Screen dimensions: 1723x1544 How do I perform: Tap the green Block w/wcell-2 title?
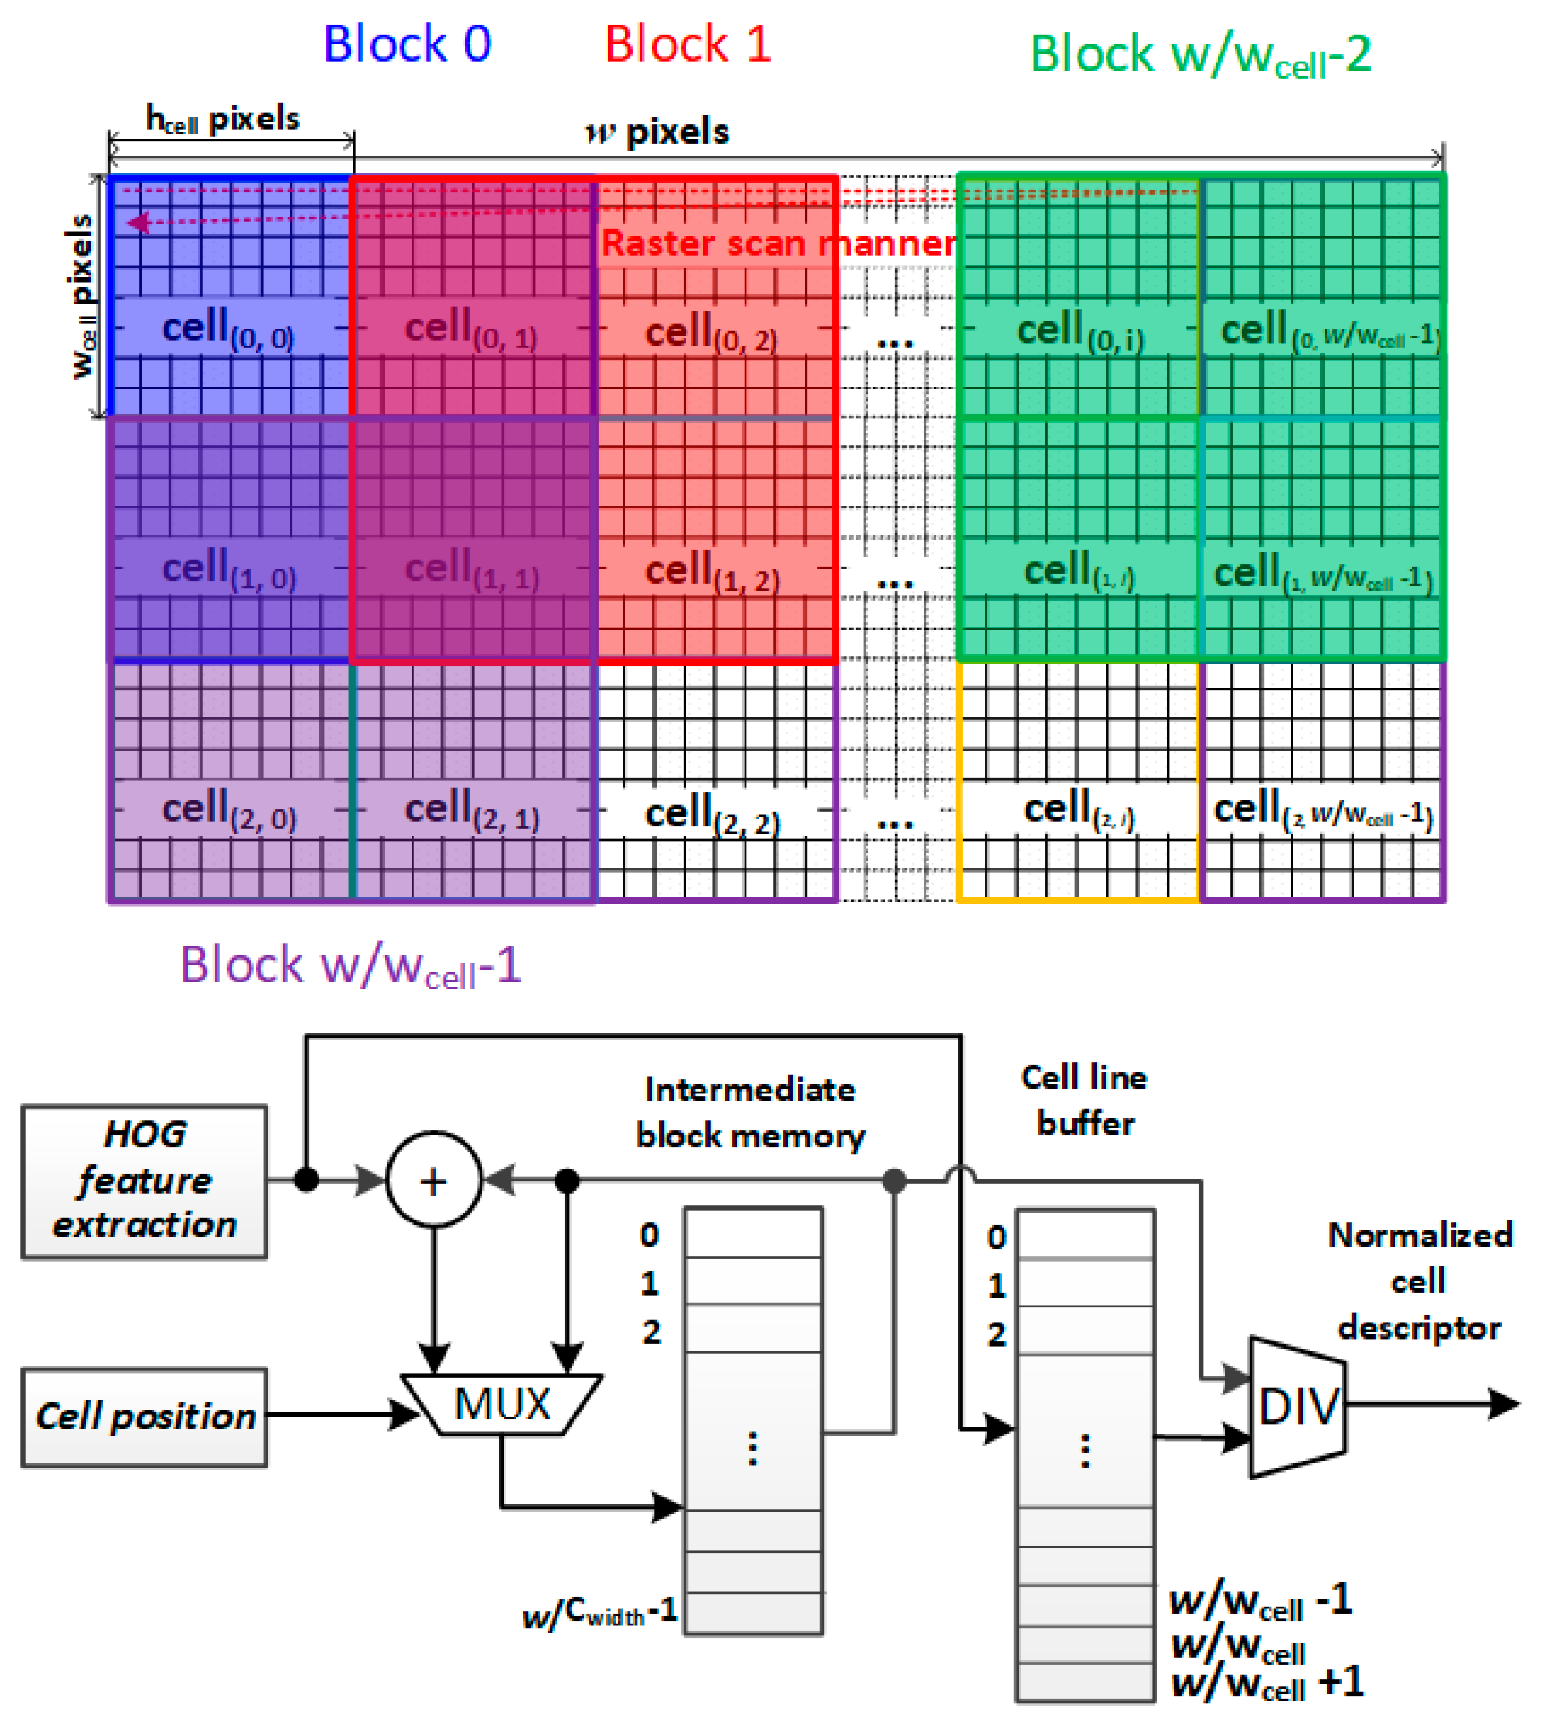coord(1200,56)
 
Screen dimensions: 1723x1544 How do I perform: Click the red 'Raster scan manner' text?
coord(779,243)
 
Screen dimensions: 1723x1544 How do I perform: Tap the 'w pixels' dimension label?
coord(658,132)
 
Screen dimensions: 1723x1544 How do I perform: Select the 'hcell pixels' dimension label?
coord(223,118)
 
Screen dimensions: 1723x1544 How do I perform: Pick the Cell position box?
coord(144,1416)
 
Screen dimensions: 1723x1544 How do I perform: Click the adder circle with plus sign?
coord(434,1180)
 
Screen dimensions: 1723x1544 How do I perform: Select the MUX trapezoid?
coord(501,1404)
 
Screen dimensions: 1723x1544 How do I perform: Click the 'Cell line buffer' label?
coord(1085,1099)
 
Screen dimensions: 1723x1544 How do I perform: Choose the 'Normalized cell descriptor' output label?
coord(1419,1281)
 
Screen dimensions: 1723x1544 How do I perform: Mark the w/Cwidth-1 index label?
coord(601,1610)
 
